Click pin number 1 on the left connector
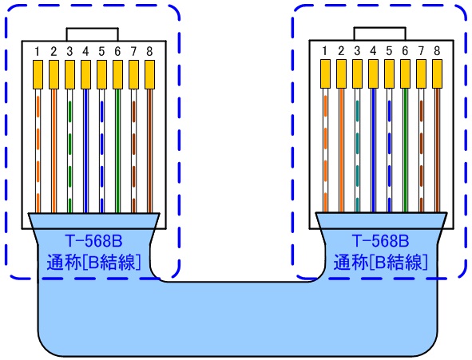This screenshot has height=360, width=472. tap(38, 51)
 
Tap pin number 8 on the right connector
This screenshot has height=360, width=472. tap(437, 51)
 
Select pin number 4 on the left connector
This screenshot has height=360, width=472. tap(85, 51)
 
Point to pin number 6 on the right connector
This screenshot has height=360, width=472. tap(405, 51)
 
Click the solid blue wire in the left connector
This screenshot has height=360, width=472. tap(85, 151)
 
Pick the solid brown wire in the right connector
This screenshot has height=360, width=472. tap(437, 150)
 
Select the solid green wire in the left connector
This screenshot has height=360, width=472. tap(117, 151)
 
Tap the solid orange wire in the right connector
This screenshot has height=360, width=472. tap(341, 150)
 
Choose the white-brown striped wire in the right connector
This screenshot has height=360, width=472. tap(421, 150)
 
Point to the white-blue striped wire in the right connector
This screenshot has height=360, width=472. tap(389, 150)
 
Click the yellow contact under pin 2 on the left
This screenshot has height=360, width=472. tap(54, 74)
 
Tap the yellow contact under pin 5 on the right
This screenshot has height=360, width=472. tap(389, 73)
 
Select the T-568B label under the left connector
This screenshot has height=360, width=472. tap(93, 241)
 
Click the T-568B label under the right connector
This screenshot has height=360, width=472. tap(380, 240)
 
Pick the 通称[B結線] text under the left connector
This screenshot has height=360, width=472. tap(93, 263)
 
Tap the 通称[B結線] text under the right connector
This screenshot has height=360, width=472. tap(380, 262)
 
